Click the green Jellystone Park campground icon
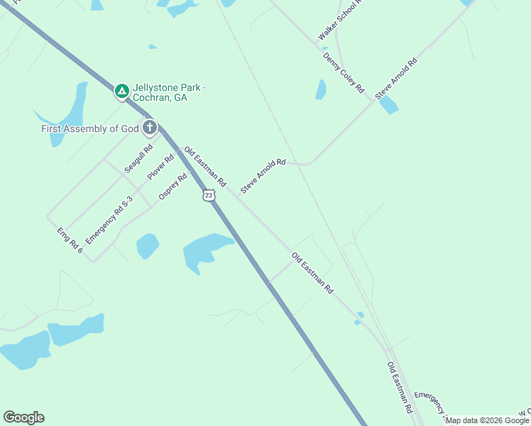(x=122, y=91)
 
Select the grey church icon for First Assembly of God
(x=149, y=128)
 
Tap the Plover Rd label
(x=160, y=167)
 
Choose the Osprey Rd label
(x=173, y=187)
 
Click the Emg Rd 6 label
(x=70, y=241)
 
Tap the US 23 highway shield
(x=208, y=195)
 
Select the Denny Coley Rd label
(x=343, y=73)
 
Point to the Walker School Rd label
(x=340, y=20)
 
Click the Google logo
(x=23, y=417)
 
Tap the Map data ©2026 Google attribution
(x=488, y=420)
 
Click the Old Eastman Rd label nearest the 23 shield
(x=204, y=168)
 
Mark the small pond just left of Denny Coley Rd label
(x=321, y=89)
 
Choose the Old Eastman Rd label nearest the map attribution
(x=399, y=388)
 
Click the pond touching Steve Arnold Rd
(x=388, y=105)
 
